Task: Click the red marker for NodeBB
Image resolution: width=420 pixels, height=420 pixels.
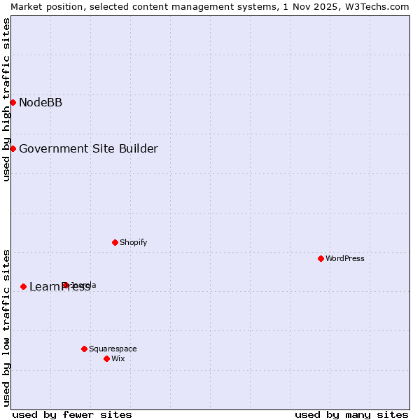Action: (x=13, y=102)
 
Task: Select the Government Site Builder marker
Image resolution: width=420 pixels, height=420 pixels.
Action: (x=13, y=148)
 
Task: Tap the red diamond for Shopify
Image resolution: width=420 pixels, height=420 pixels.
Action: (x=115, y=242)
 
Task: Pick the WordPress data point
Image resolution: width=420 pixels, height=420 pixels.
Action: (x=321, y=258)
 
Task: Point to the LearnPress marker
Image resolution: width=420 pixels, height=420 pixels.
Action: (x=23, y=286)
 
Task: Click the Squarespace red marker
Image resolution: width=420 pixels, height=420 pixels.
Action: (x=84, y=349)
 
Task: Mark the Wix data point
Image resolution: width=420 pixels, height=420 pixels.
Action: (x=106, y=358)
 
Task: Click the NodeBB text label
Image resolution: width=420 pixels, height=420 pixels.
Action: (x=41, y=103)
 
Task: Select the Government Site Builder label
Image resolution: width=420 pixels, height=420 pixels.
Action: (x=88, y=148)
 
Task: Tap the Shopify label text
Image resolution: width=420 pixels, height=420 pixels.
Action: (x=133, y=242)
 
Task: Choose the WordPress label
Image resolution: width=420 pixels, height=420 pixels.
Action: (x=345, y=258)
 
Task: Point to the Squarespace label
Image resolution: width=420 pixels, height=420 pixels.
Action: (x=113, y=349)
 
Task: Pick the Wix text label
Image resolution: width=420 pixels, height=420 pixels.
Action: (x=118, y=358)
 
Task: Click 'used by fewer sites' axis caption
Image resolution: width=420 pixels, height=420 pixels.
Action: (x=72, y=414)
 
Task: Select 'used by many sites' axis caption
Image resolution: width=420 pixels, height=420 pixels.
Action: (x=351, y=414)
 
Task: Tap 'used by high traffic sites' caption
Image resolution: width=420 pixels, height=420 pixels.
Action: (x=6, y=99)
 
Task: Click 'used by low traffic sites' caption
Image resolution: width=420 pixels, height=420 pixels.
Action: (x=6, y=327)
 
